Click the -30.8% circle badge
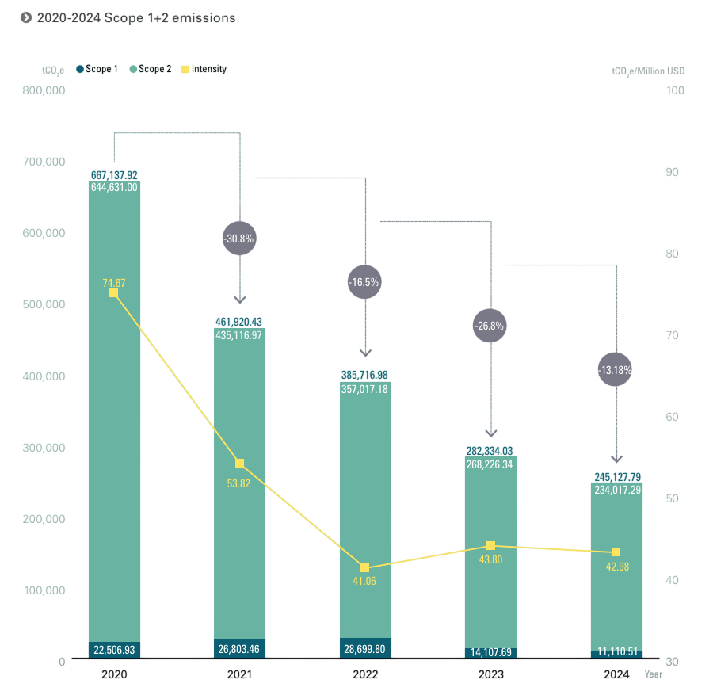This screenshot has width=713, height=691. [x=240, y=239]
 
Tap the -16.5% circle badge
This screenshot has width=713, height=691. [x=365, y=282]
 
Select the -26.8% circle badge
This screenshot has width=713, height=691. [x=490, y=326]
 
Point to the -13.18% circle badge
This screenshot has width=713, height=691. [x=616, y=369]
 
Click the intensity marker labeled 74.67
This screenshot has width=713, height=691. [x=113, y=293]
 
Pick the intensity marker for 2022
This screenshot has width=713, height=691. [x=365, y=568]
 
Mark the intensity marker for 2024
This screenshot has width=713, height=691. [x=616, y=552]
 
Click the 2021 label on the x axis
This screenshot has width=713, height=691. [x=240, y=674]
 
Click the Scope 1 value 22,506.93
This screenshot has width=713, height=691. [x=114, y=650]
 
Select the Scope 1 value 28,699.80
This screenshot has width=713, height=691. [x=365, y=649]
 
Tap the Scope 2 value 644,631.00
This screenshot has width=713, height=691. [x=114, y=188]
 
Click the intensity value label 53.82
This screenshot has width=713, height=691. [x=238, y=483]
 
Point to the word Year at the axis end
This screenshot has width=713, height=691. [x=654, y=674]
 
